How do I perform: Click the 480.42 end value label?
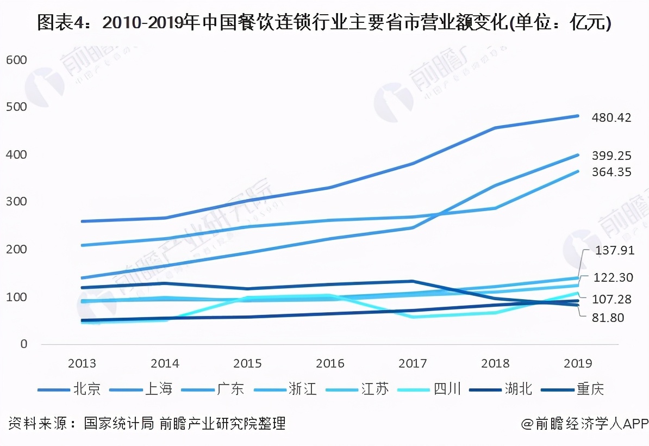611,117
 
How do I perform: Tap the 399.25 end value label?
611,156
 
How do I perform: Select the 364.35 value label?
611,172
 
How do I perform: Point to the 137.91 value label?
613,251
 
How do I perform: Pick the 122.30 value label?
613,277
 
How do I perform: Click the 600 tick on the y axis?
16,60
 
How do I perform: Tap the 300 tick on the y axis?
16,202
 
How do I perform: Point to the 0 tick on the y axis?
24,344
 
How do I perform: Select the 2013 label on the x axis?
83,363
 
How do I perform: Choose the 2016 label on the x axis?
330,363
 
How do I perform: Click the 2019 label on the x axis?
577,363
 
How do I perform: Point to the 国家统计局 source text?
119,424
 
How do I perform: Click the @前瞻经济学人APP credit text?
585,424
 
